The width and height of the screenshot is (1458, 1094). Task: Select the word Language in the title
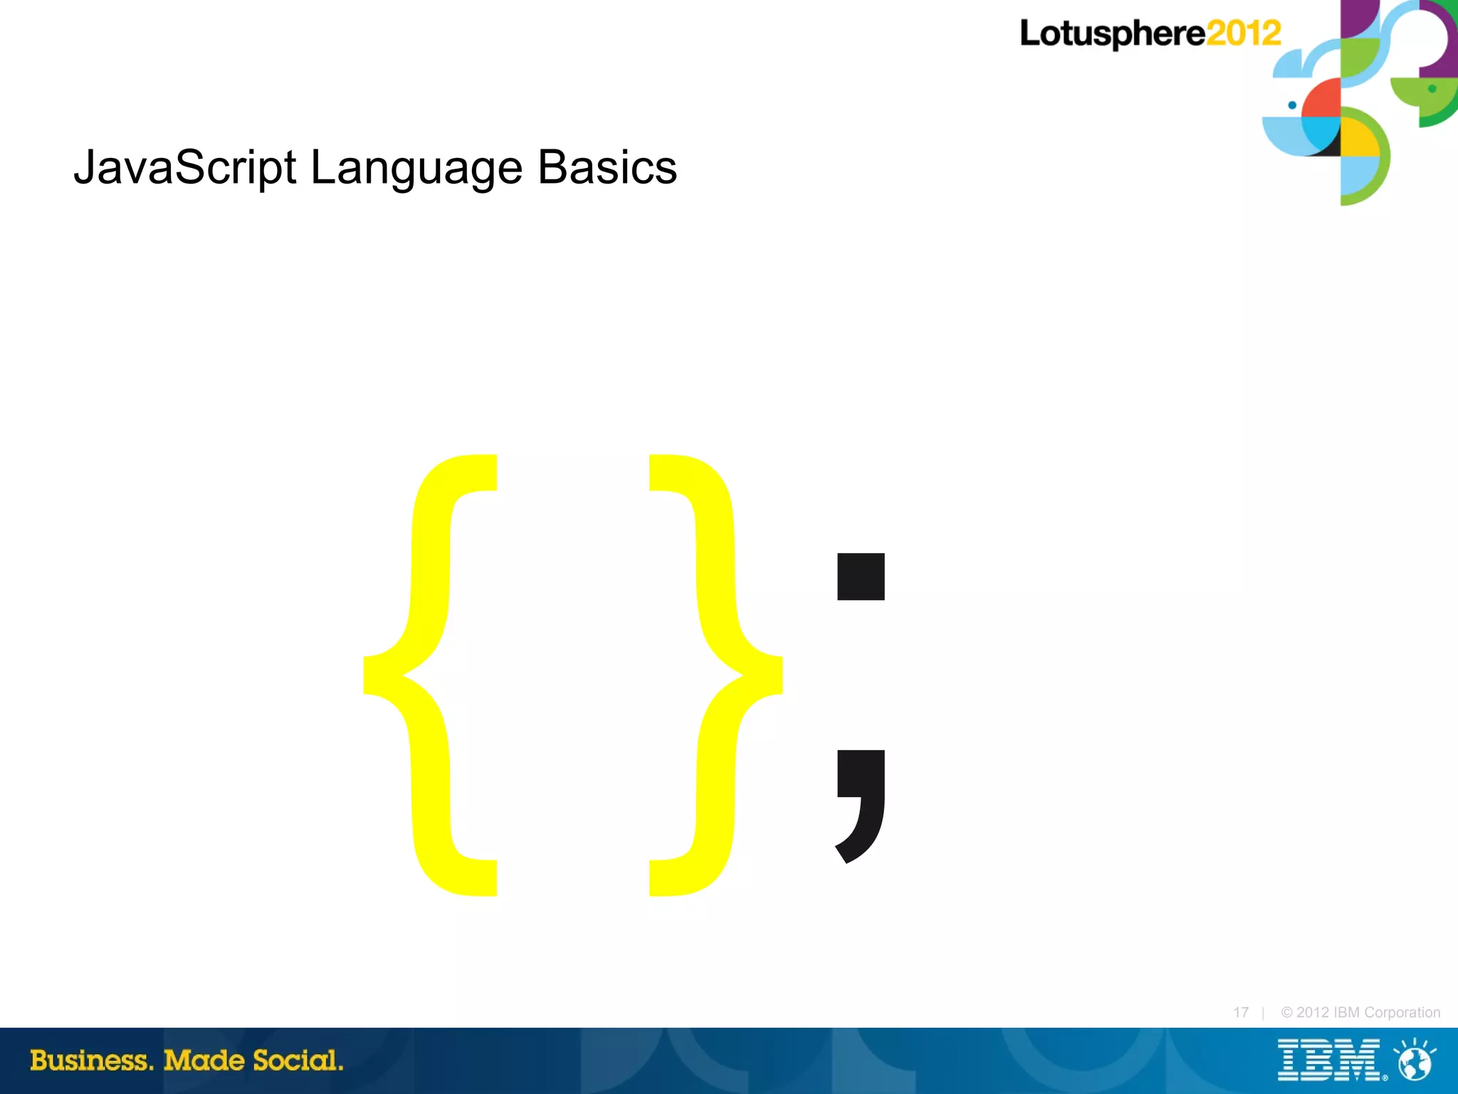pos(416,168)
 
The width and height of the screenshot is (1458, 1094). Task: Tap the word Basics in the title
pos(607,168)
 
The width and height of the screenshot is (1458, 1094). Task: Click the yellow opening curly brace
pos(427,675)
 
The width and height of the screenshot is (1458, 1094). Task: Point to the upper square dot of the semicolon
pos(861,577)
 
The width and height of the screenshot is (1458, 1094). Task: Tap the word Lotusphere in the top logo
pos(1112,34)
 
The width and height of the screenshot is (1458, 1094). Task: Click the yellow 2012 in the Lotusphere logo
pos(1243,33)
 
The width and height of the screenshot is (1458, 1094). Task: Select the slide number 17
pos(1241,1012)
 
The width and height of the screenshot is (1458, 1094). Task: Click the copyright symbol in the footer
pos(1286,1012)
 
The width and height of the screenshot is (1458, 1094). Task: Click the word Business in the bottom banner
pos(91,1061)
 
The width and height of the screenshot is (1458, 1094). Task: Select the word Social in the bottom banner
pos(298,1061)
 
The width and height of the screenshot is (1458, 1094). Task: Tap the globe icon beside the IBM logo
pos(1415,1062)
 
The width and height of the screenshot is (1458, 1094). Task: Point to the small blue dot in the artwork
pos(1292,105)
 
